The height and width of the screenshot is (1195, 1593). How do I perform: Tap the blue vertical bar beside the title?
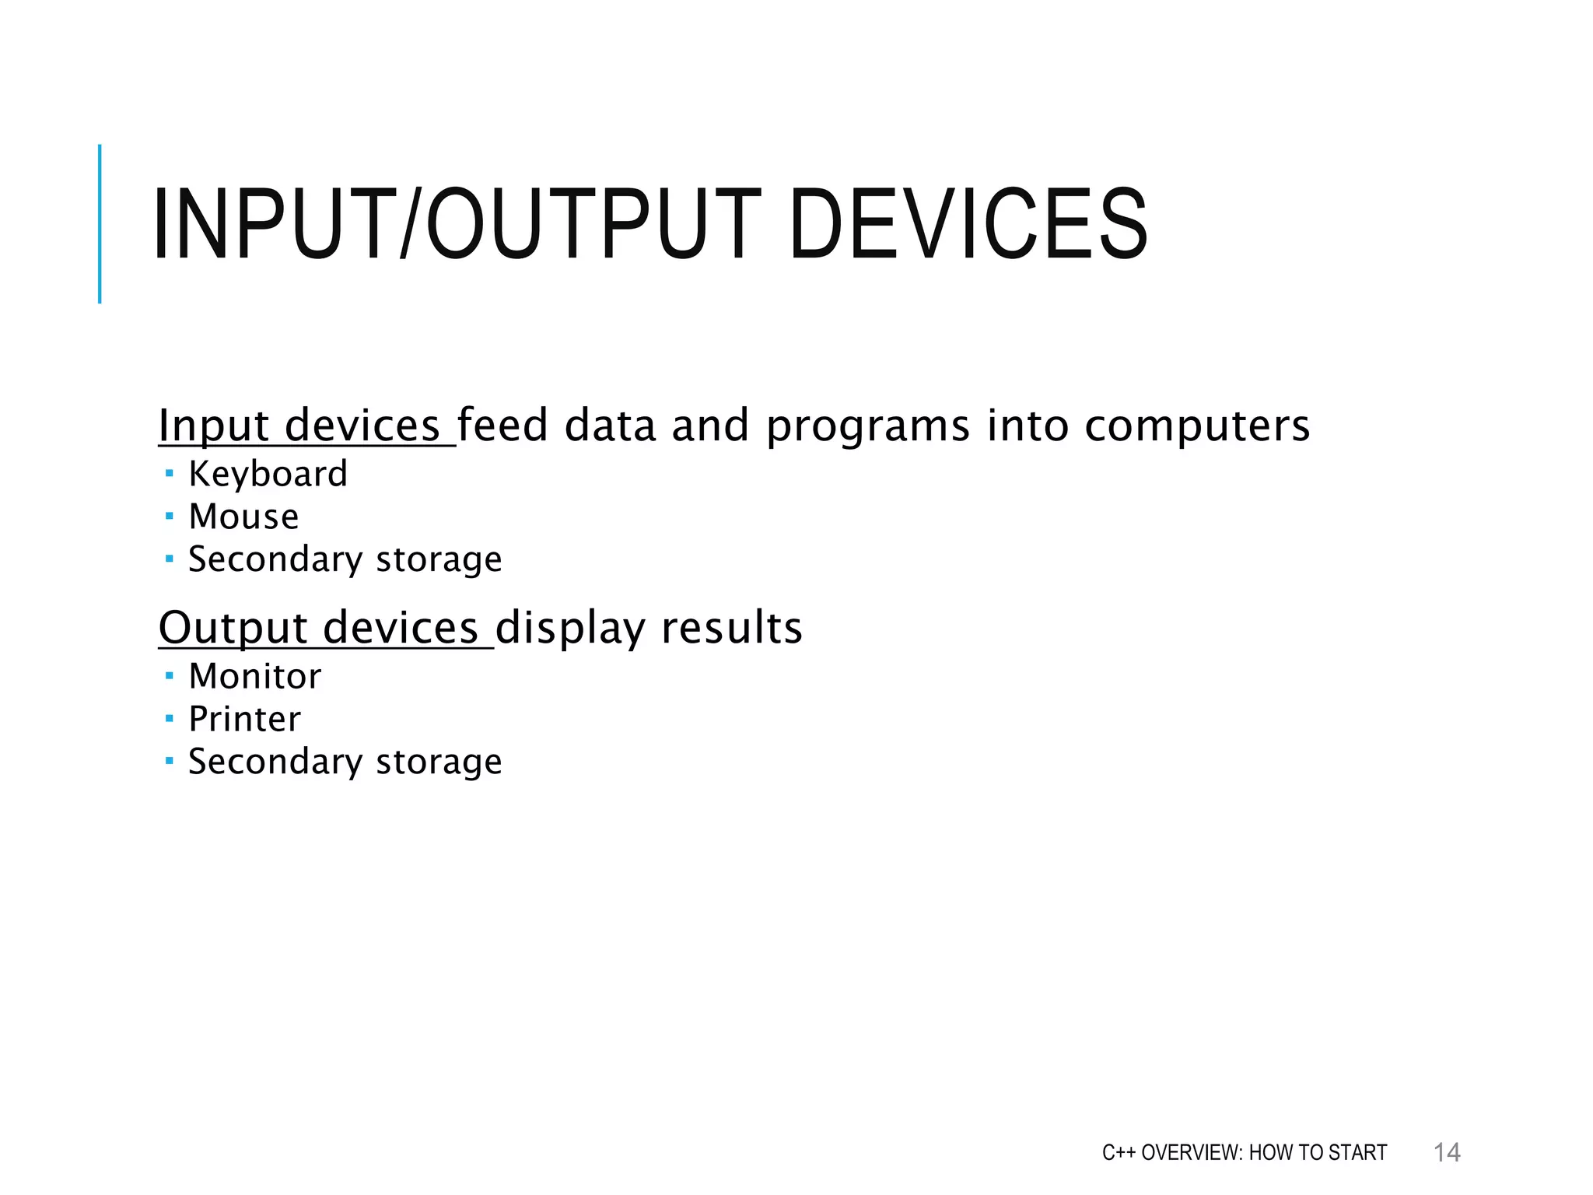[x=100, y=224]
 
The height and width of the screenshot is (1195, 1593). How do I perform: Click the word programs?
[x=868, y=427]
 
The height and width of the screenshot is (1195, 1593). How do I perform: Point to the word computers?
[x=1197, y=427]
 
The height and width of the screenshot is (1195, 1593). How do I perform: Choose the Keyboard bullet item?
[x=268, y=475]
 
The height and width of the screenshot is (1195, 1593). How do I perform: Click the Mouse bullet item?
[x=243, y=517]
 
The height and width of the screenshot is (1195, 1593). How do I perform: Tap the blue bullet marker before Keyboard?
[x=170, y=472]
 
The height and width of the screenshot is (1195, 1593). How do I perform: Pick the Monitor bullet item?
[x=254, y=676]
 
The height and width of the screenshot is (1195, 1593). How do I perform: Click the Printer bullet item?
[x=244, y=719]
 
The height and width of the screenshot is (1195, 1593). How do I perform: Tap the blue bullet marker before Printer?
[x=170, y=717]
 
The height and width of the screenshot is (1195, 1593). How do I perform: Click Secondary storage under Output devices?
[x=345, y=762]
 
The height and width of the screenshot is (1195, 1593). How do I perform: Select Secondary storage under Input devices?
[x=345, y=559]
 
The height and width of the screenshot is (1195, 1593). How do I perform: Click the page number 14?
[x=1447, y=1152]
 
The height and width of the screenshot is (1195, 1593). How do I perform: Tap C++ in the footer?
[x=1119, y=1152]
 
